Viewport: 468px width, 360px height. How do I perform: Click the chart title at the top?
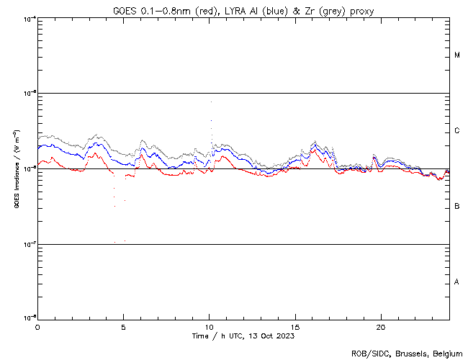point(243,10)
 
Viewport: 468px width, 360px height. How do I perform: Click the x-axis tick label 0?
point(37,326)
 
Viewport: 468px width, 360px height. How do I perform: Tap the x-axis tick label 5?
point(123,326)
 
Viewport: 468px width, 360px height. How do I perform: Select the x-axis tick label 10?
point(209,326)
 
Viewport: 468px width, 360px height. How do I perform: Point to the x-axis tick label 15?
point(295,326)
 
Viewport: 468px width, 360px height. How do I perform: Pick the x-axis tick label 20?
point(381,326)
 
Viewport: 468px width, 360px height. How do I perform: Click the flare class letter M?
point(457,55)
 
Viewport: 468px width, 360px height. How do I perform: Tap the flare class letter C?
point(457,131)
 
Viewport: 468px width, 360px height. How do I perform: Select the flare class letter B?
point(457,207)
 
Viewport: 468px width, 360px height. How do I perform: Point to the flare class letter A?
point(457,282)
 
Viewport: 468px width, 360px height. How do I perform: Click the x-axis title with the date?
point(243,336)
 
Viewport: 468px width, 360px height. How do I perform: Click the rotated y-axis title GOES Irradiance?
point(15,169)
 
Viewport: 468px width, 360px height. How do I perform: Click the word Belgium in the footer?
point(445,353)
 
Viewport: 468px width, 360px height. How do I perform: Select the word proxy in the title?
point(360,10)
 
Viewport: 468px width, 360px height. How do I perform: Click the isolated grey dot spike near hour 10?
point(210,103)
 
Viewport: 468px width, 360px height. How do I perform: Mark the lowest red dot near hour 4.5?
point(114,242)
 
